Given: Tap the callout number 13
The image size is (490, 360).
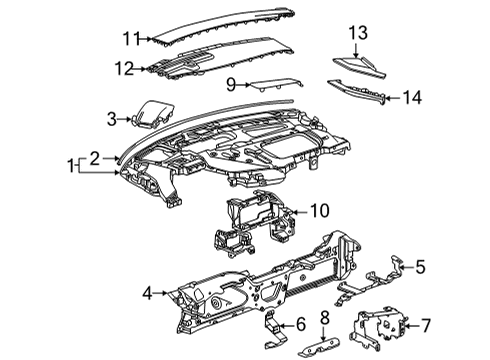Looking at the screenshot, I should [358, 34].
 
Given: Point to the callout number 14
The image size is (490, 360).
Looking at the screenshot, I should [413, 97].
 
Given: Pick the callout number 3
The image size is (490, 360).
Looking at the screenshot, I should [112, 120].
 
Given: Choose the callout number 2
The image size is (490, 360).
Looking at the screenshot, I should [93, 157].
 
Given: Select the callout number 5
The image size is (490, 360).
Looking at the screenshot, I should [421, 267].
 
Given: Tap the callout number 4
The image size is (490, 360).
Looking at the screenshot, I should [148, 293].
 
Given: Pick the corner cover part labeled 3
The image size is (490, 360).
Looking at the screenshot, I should [150, 114].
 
